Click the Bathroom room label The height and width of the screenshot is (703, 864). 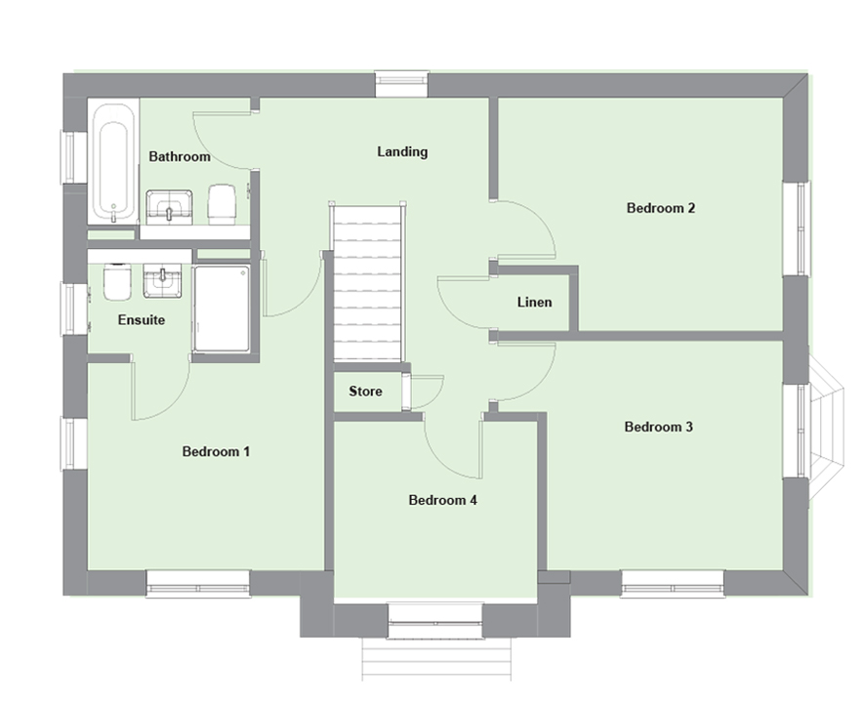point(180,156)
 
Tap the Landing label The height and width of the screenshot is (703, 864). point(402,151)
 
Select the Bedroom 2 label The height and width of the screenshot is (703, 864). point(661,208)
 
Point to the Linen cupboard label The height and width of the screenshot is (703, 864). point(534,302)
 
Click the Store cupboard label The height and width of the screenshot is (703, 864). point(365,392)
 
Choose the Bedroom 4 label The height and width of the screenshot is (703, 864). point(442,500)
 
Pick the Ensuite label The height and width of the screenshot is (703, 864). point(141,320)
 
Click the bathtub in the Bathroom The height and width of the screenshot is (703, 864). point(113,161)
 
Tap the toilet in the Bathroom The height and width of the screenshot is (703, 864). point(222,204)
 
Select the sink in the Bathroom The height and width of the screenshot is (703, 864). point(169,207)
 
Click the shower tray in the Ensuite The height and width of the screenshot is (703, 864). point(222,309)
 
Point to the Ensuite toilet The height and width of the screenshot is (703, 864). point(117,281)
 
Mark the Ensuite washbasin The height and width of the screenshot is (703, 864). point(163,280)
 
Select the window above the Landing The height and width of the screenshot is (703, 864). point(401,83)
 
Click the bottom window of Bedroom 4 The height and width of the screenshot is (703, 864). point(435,621)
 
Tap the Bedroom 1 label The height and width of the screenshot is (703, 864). point(216,451)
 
